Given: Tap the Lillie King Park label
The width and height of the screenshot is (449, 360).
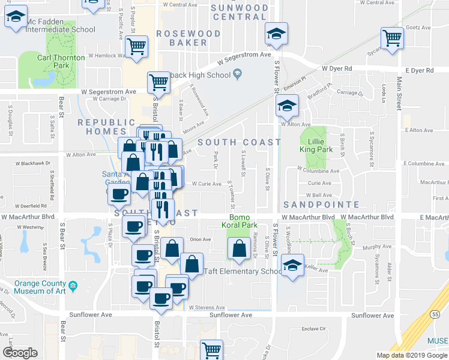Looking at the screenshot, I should click(x=313, y=146).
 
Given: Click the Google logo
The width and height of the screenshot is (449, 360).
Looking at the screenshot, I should click(x=20, y=353).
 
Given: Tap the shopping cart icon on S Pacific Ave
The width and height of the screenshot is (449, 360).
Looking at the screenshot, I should click(x=137, y=46).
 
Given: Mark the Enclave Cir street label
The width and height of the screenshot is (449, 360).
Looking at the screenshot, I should click(x=313, y=329).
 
